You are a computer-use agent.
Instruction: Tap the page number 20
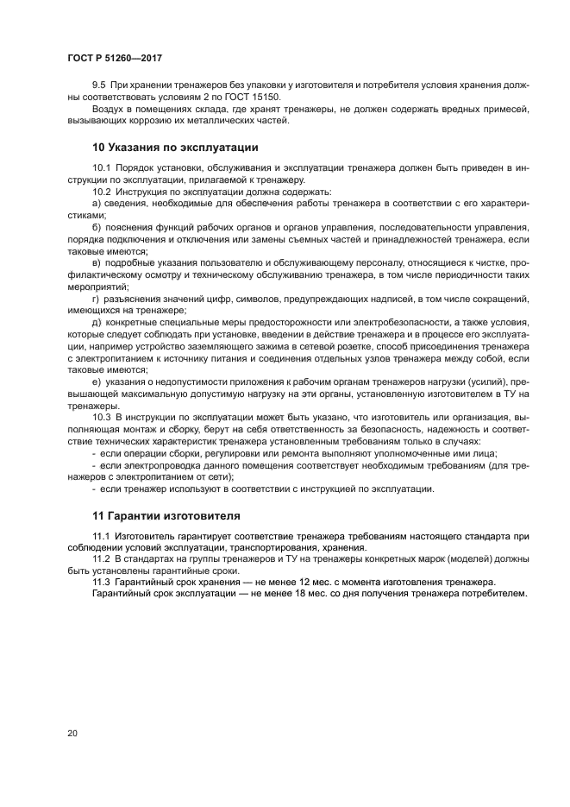click(x=72, y=733)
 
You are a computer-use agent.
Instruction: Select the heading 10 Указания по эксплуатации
click(x=175, y=147)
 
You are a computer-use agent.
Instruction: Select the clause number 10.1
click(x=102, y=167)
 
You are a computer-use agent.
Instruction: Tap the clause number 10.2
click(x=102, y=191)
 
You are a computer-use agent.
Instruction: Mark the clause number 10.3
click(x=102, y=416)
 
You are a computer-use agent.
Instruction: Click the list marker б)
click(x=97, y=226)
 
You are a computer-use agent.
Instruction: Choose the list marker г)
click(x=96, y=298)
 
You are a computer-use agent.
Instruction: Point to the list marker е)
click(x=97, y=381)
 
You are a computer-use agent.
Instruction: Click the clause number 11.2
click(x=102, y=559)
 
